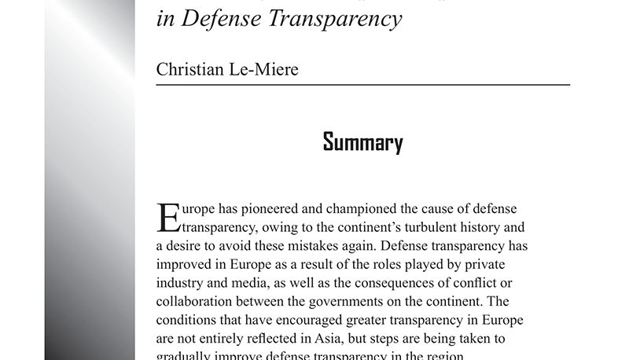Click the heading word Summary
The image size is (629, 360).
(362, 143)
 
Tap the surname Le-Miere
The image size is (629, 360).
(264, 69)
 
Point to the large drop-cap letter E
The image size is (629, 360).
(169, 219)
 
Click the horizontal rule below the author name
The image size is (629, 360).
(362, 84)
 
